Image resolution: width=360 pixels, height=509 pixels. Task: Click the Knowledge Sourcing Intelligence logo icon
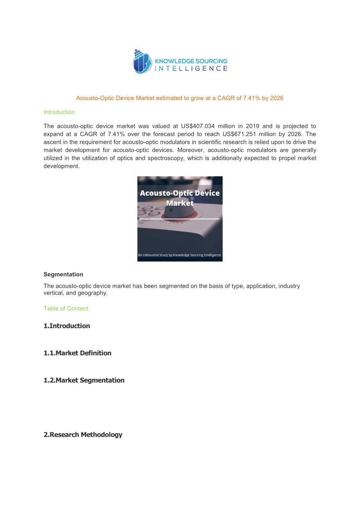click(141, 62)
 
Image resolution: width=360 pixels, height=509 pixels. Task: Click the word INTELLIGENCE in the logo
click(191, 68)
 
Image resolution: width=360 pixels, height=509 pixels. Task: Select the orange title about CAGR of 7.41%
click(180, 98)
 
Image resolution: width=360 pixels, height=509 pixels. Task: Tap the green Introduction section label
click(59, 112)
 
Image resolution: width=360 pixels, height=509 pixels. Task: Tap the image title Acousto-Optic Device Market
click(180, 198)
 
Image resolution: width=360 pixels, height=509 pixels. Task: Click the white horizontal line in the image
click(180, 219)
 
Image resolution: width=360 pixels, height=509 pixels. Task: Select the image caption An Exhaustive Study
click(180, 255)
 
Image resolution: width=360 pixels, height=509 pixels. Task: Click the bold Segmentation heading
click(63, 274)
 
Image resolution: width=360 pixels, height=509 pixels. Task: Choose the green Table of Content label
click(66, 308)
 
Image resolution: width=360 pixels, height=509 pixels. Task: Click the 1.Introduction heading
click(67, 326)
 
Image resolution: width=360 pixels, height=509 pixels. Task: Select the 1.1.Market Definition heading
click(77, 353)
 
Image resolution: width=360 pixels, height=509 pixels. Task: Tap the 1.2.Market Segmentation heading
click(84, 380)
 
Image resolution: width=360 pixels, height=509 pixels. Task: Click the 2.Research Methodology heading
click(83, 435)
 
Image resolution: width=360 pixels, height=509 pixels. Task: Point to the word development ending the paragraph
click(61, 166)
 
